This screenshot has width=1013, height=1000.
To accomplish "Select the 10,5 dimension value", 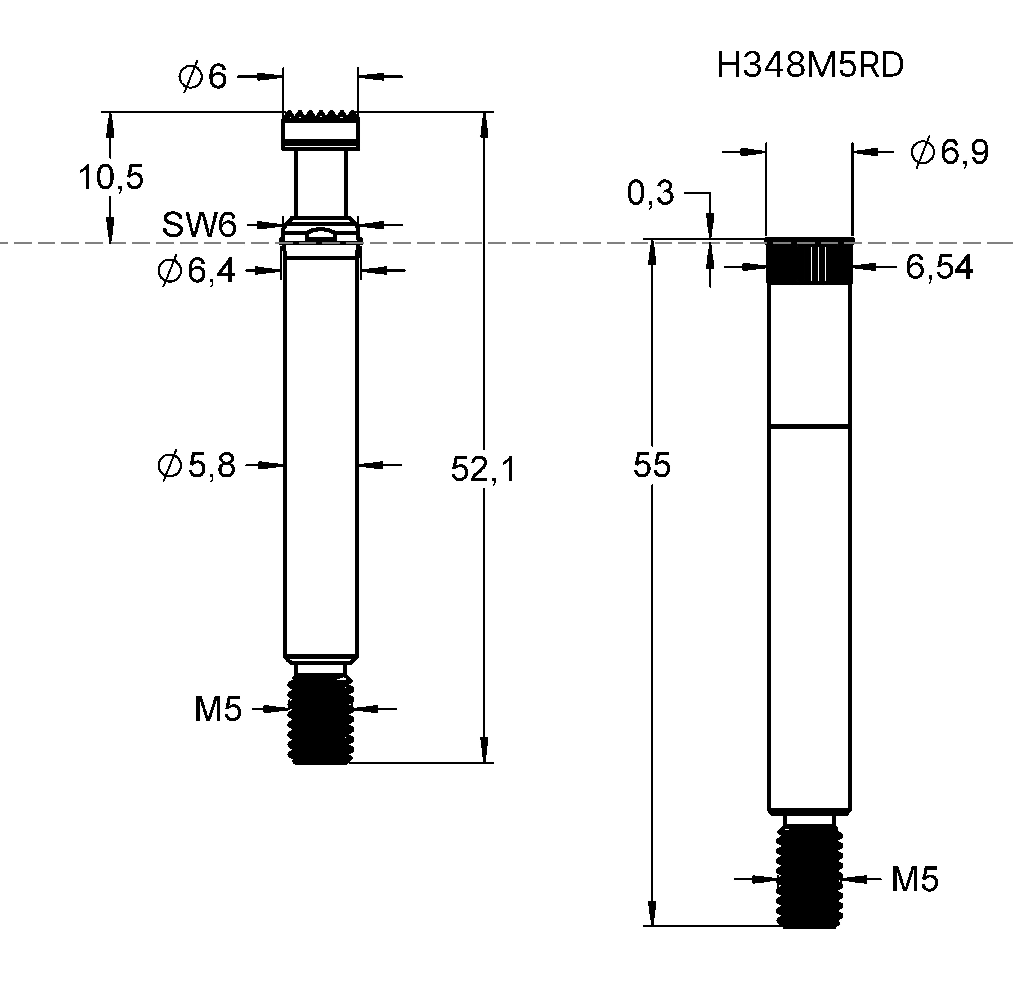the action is (111, 177).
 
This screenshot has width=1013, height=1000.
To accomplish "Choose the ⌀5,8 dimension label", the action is (197, 465).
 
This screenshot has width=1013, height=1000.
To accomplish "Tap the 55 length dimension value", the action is (652, 465).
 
